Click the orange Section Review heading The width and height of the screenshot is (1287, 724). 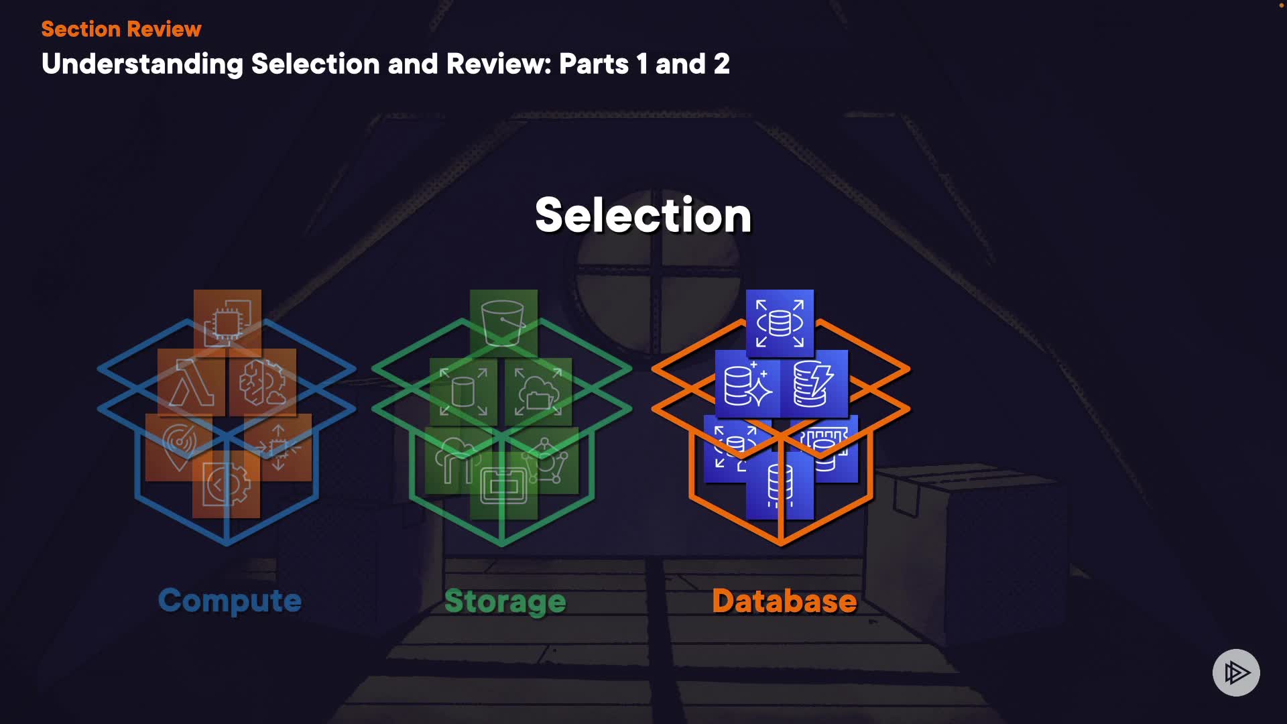(121, 29)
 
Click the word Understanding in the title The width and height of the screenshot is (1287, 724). (142, 64)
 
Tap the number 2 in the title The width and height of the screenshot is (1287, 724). (721, 64)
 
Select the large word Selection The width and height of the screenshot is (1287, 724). (643, 215)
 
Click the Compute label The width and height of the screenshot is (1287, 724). (229, 601)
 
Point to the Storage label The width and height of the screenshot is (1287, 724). (505, 601)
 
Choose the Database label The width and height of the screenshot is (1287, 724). (784, 601)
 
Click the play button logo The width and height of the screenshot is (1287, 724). (1236, 672)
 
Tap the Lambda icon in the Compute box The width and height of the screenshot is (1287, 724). (191, 383)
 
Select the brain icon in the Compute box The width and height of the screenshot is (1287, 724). (263, 383)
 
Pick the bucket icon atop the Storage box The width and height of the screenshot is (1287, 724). (503, 322)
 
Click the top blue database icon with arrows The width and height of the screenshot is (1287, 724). (780, 322)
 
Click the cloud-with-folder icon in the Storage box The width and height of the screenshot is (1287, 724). (538, 392)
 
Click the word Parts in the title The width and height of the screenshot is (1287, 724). (594, 64)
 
